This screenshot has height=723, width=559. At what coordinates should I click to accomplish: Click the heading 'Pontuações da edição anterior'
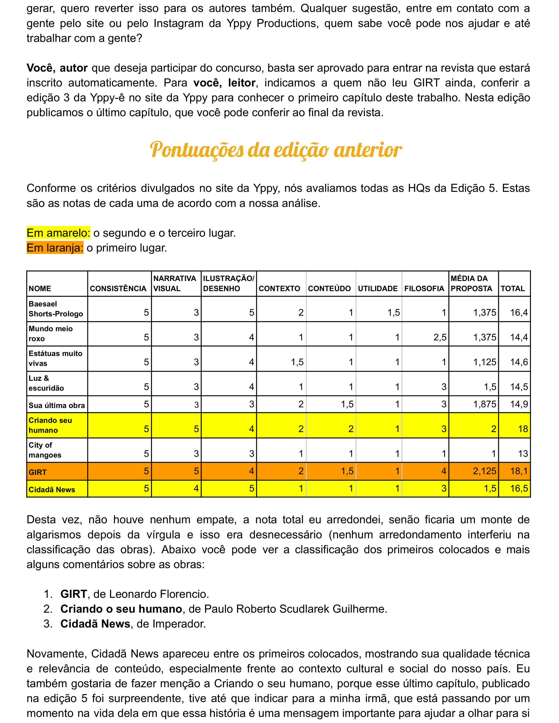276,150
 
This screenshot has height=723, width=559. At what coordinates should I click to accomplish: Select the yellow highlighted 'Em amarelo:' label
58,233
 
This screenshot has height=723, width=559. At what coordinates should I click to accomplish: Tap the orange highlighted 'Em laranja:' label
55,248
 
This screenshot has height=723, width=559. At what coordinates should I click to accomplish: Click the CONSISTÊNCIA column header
118,289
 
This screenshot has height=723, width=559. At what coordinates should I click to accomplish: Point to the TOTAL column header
513,289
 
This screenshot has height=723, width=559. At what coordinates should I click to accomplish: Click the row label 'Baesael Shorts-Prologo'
56,309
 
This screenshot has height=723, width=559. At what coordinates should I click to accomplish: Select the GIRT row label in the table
38,472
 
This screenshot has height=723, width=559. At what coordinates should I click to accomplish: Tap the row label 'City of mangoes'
45,450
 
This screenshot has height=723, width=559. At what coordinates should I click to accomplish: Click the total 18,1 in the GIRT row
519,471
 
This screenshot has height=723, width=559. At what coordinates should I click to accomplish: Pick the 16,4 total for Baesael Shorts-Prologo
519,313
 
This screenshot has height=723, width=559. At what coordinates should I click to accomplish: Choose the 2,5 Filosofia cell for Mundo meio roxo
440,337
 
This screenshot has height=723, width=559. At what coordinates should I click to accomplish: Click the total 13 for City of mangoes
523,453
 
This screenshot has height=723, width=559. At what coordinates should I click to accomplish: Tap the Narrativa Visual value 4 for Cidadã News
196,488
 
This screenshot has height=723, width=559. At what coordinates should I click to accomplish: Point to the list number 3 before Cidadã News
48,624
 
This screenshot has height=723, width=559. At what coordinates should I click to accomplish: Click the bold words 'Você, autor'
57,68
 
